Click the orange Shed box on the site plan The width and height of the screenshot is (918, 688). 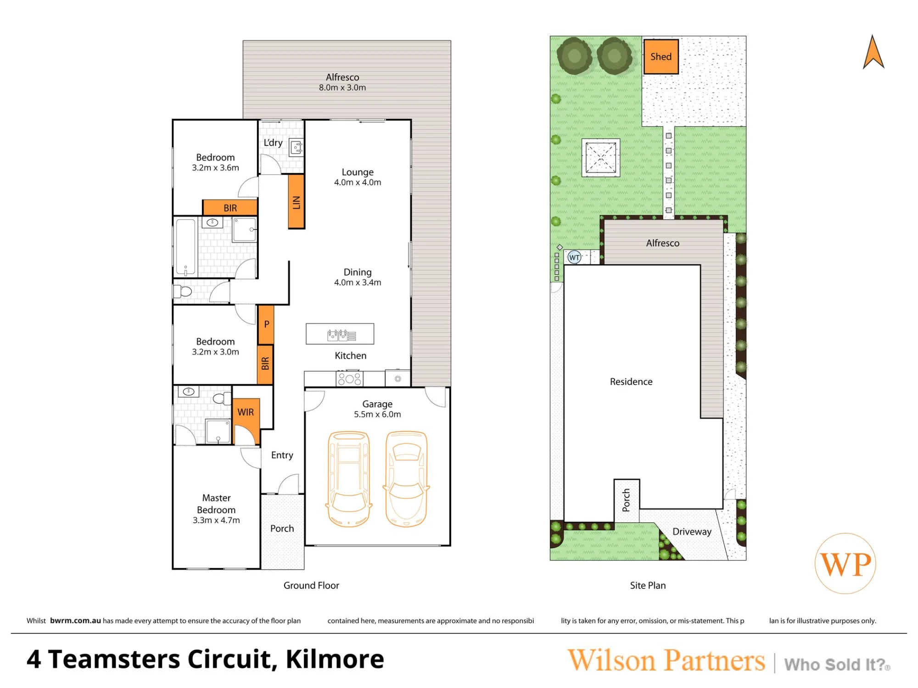click(661, 57)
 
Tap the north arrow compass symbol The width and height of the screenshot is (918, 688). click(873, 51)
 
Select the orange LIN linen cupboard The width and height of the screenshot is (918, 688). click(296, 201)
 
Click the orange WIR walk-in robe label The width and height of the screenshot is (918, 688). click(246, 412)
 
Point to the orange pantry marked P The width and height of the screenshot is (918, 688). click(266, 325)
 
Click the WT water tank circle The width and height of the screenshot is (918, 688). click(574, 257)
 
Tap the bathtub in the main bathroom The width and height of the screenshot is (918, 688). click(186, 248)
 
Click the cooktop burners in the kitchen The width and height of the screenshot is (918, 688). click(350, 379)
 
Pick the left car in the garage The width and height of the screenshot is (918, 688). click(349, 478)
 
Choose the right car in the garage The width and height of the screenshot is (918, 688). click(406, 478)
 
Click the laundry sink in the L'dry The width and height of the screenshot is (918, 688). click(297, 148)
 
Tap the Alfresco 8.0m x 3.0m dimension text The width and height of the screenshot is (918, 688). click(342, 88)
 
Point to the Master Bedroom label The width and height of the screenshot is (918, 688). click(216, 504)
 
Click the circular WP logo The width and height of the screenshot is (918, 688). click(845, 564)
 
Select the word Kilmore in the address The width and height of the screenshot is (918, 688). click(335, 660)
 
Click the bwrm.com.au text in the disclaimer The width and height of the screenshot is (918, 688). click(75, 621)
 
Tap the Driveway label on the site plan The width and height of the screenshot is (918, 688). click(692, 532)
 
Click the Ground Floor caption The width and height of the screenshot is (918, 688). click(311, 585)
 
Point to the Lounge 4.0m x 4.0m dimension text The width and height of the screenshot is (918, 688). click(358, 182)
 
